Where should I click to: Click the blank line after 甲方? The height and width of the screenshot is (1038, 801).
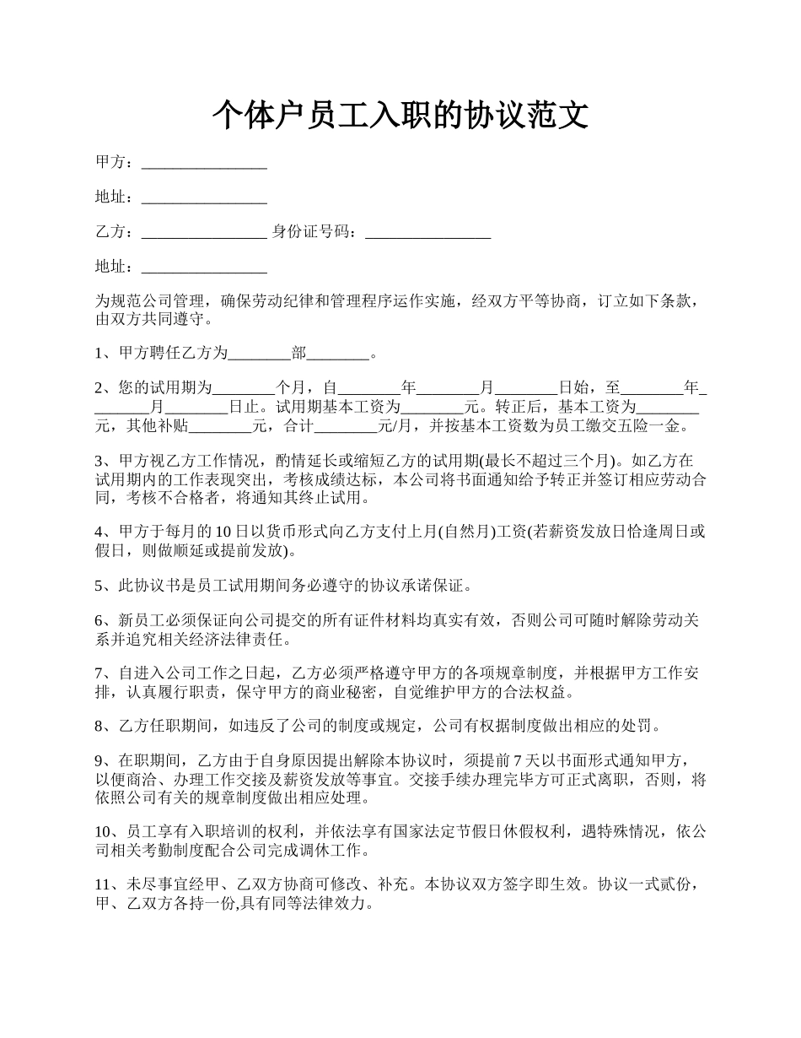pos(204,163)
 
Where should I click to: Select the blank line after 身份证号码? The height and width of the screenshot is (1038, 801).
pos(428,232)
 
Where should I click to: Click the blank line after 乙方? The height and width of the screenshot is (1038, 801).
pos(204,232)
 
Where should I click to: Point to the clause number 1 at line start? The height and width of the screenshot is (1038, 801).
pos(99,354)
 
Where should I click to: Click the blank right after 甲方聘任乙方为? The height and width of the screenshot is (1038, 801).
pos(260,354)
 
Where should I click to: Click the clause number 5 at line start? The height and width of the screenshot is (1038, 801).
pos(99,585)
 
